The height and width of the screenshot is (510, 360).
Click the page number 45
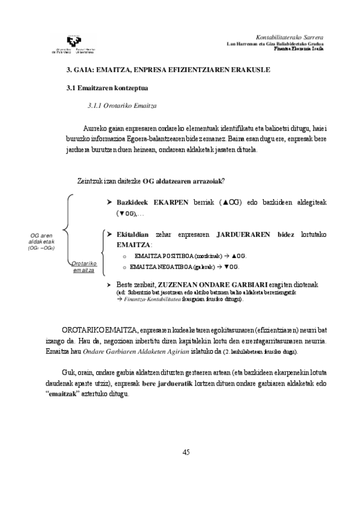pos(186,452)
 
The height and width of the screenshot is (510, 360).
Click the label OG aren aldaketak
pos(43,239)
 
